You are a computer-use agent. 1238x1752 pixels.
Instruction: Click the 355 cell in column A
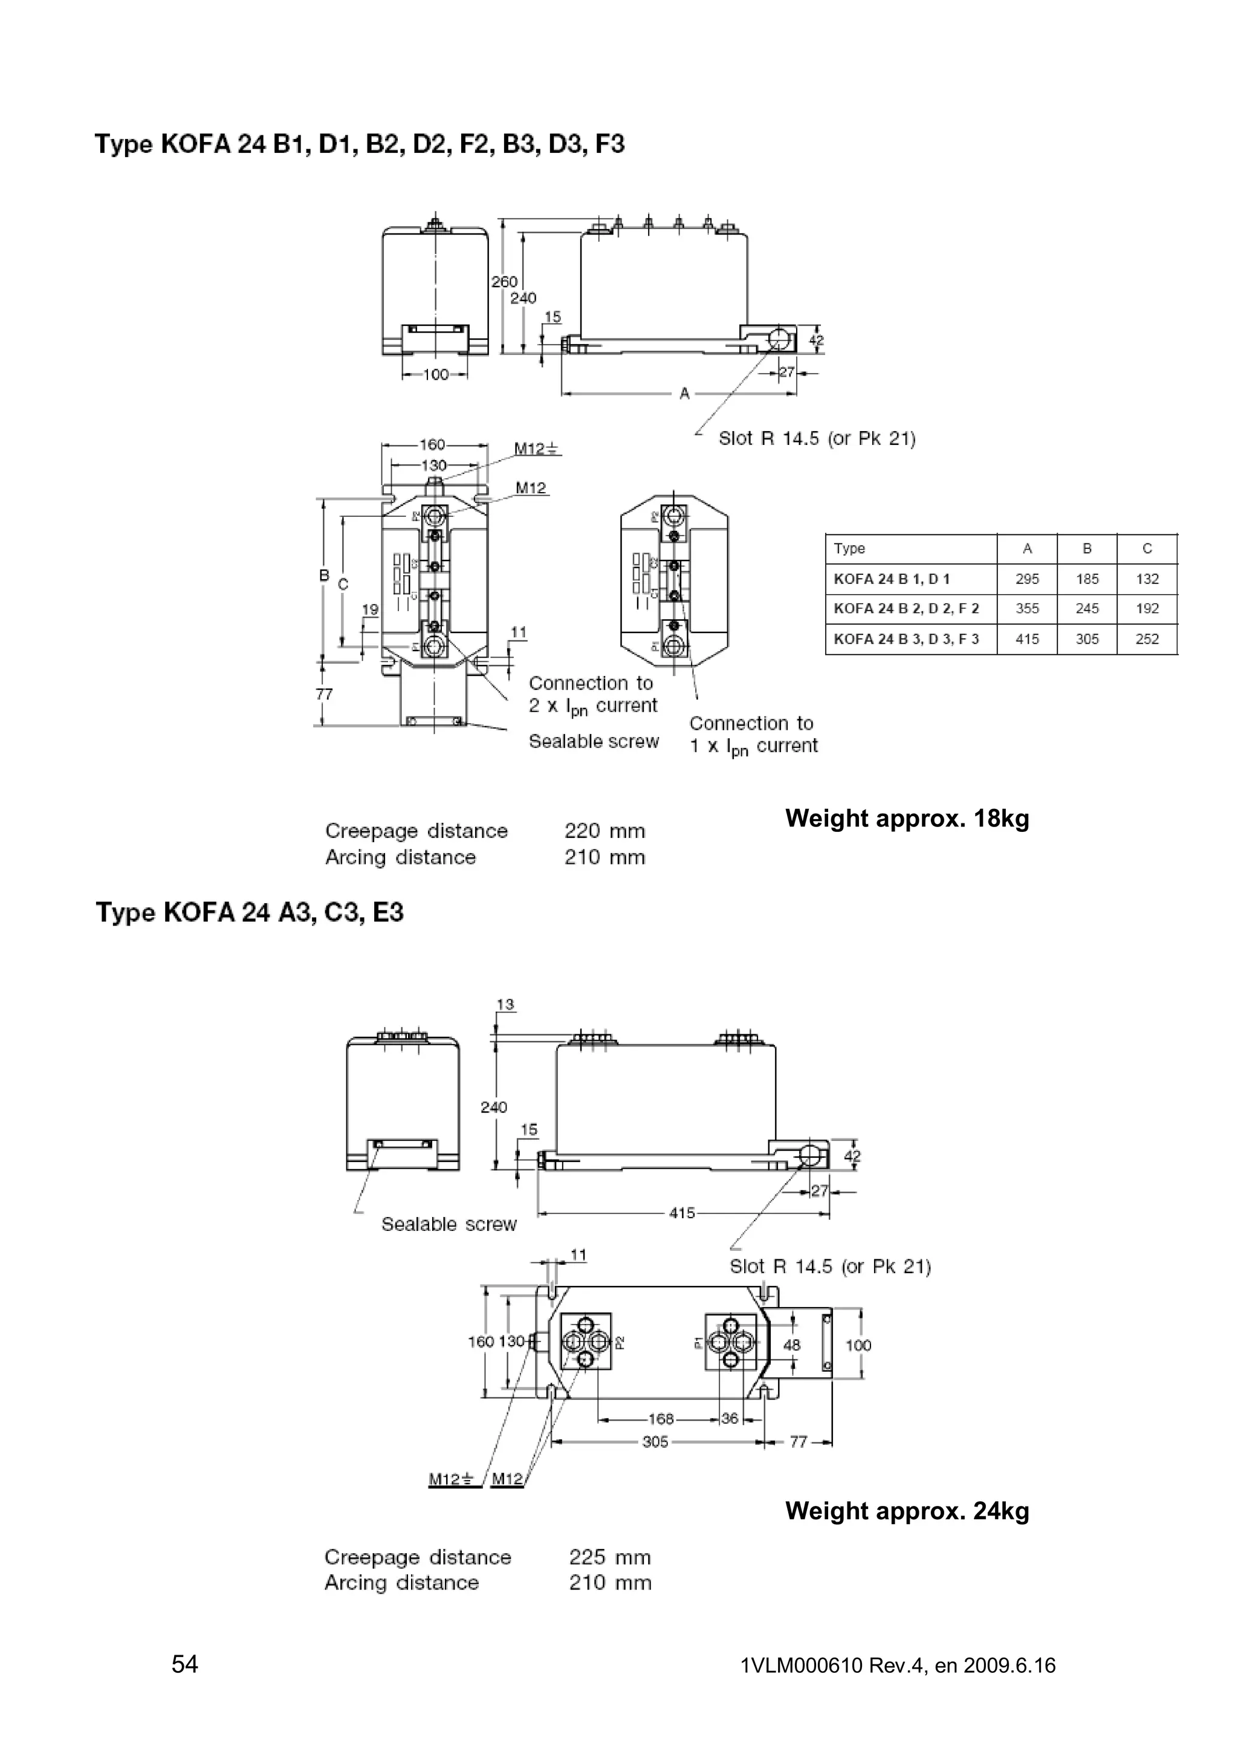pos(1026,608)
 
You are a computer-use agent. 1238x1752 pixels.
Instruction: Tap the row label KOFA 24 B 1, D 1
pos(892,579)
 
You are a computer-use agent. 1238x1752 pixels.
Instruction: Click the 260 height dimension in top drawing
pos(504,282)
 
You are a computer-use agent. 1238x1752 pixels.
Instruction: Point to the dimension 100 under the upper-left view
pos(436,375)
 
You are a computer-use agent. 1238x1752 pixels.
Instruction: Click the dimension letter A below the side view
pos(684,394)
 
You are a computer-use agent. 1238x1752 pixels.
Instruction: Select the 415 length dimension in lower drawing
pos(682,1213)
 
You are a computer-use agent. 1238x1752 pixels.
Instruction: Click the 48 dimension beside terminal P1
pos(792,1345)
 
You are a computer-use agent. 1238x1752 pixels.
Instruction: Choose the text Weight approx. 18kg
pos(907,819)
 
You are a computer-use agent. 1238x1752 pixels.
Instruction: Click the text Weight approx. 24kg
pos(907,1511)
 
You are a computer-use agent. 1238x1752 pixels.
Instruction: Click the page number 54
pos(184,1664)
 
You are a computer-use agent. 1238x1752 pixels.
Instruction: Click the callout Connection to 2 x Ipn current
pos(592,695)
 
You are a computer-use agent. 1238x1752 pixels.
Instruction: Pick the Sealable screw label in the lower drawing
pos(449,1224)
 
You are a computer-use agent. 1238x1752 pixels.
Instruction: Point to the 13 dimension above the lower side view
pos(505,1004)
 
